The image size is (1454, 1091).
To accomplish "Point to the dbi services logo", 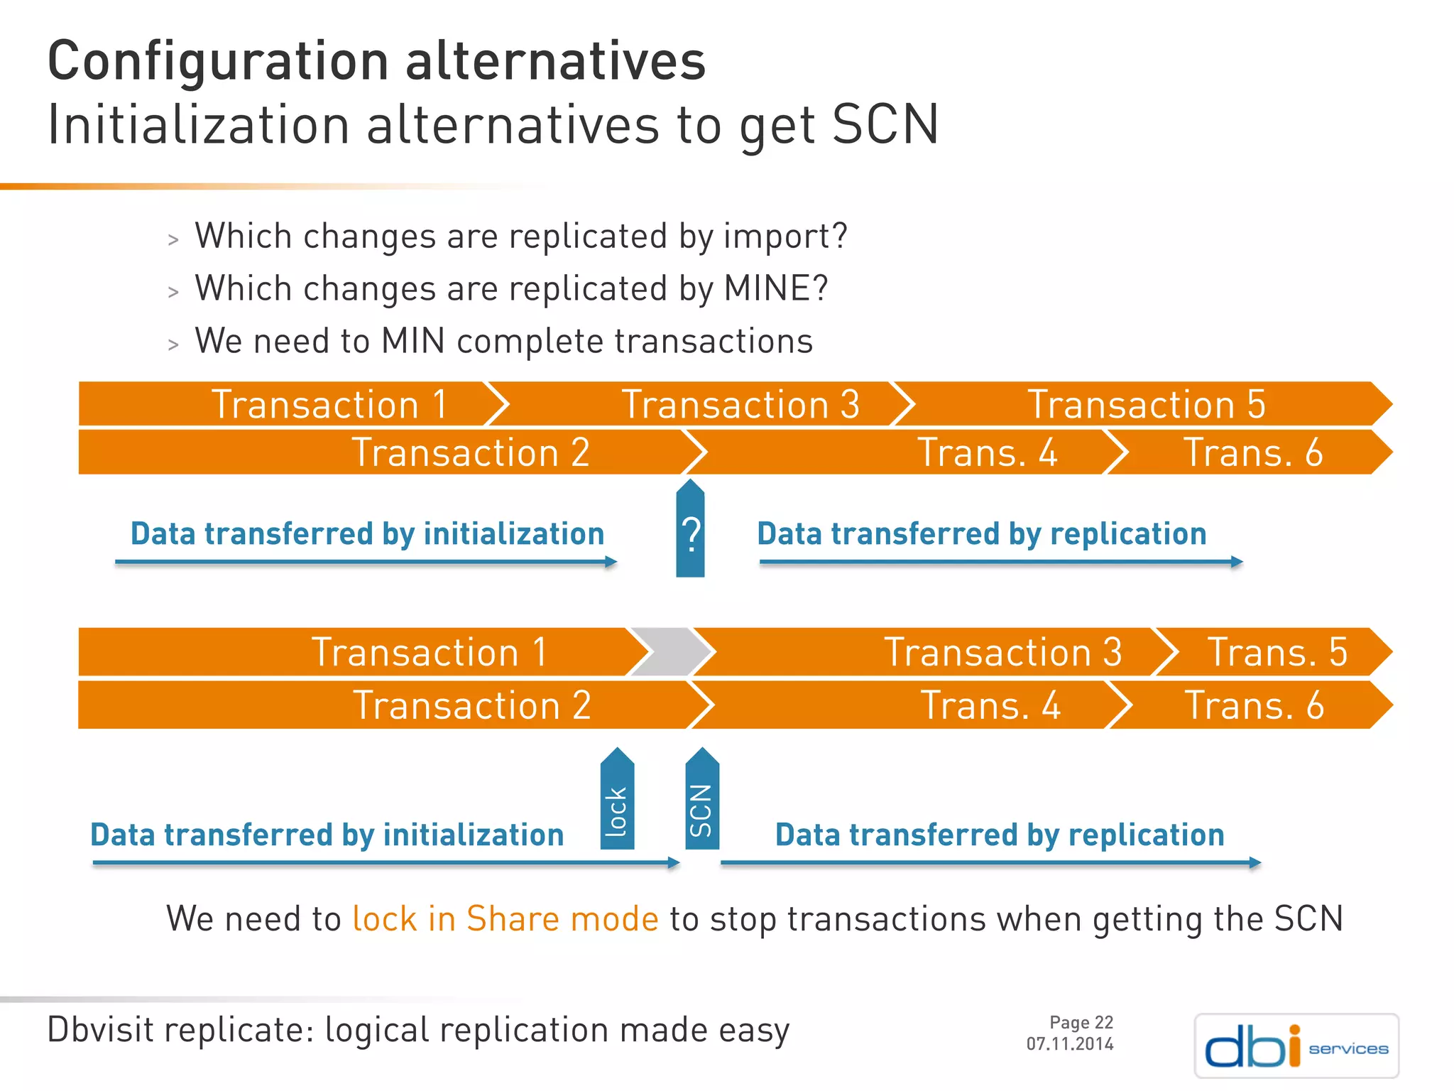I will point(1296,1046).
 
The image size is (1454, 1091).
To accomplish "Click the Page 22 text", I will point(1081,1022).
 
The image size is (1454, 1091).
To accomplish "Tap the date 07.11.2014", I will point(1070,1044).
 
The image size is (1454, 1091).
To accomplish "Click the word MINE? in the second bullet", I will point(775,289).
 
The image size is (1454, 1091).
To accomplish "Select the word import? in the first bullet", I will point(785,237).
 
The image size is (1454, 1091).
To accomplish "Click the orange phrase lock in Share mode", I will point(505,918).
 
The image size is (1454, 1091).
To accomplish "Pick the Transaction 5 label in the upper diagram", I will point(1147,405).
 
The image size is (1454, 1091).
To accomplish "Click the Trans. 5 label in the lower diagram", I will point(1277,652).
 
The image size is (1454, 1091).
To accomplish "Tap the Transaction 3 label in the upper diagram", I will point(740,405).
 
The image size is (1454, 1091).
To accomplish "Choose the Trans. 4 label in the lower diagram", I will point(990,705).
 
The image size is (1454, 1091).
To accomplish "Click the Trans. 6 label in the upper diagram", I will point(1253,453).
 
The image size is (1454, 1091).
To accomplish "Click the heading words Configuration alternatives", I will point(376,62).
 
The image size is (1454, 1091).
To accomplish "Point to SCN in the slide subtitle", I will point(885,125).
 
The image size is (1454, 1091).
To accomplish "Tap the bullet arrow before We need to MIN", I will point(173,344).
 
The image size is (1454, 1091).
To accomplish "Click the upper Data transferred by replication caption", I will point(981,533).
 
